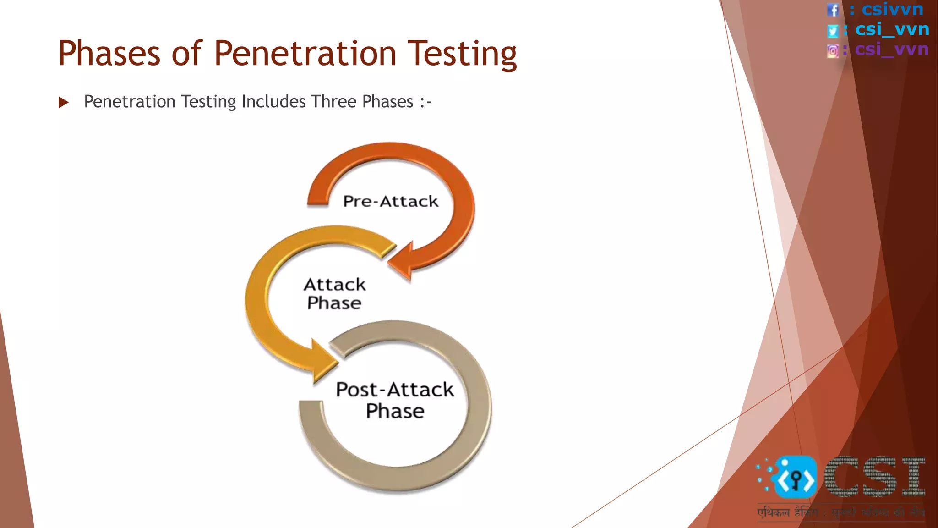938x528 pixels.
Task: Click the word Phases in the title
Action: (x=109, y=54)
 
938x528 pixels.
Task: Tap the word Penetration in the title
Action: (x=305, y=54)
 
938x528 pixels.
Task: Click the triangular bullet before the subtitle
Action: (x=64, y=102)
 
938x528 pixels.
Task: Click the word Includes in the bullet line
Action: (x=273, y=102)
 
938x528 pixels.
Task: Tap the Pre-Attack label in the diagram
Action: (x=391, y=201)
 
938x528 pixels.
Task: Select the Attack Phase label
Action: (x=334, y=294)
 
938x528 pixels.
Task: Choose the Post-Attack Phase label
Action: (x=395, y=400)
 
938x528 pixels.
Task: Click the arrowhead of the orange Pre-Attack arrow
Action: (x=401, y=261)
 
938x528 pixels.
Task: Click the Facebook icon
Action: (x=833, y=10)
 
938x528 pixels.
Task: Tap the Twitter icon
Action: (x=833, y=31)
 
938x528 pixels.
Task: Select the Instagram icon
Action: (x=833, y=51)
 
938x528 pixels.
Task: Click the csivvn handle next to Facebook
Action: (x=892, y=9)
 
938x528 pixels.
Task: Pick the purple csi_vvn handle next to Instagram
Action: (x=891, y=49)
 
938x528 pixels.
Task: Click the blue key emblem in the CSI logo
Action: (x=796, y=478)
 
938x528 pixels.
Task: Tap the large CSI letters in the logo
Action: (x=875, y=477)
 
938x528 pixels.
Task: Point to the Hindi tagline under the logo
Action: (x=841, y=512)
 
